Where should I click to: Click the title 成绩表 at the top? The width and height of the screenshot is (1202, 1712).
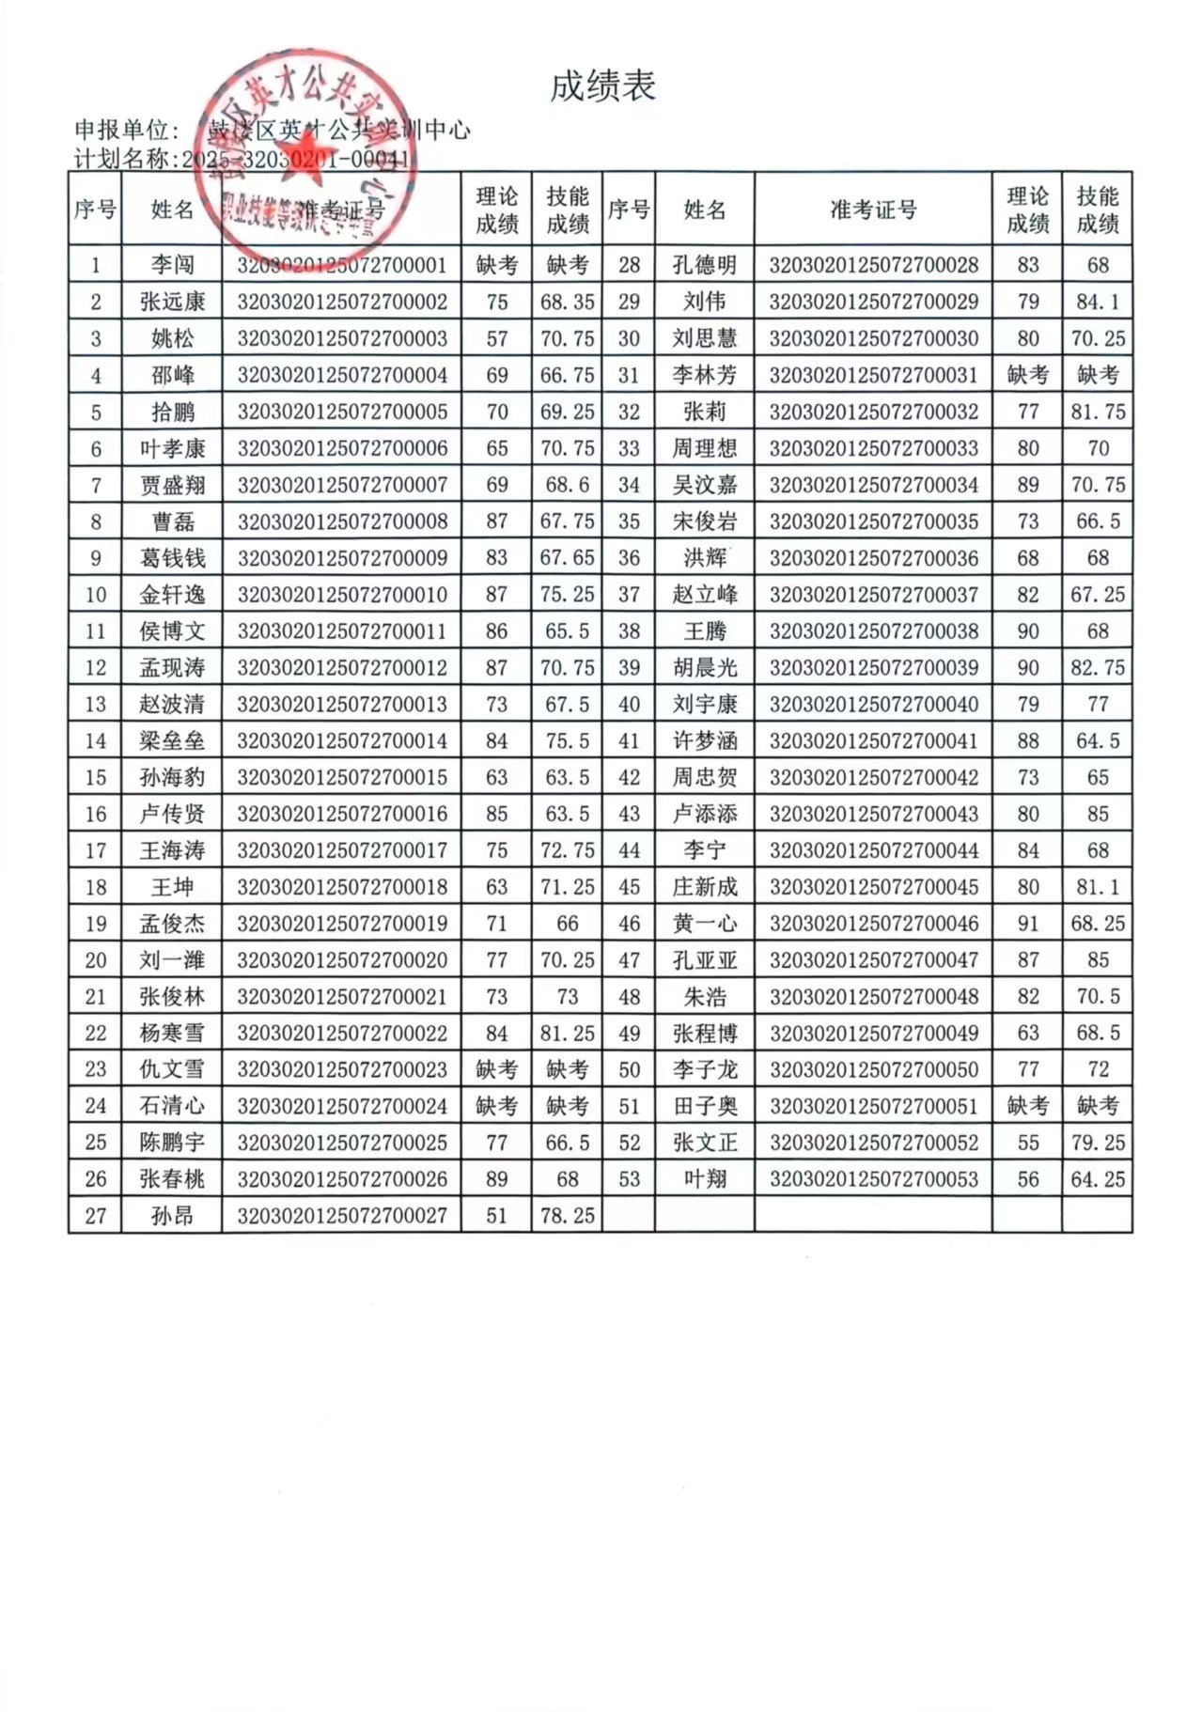601,86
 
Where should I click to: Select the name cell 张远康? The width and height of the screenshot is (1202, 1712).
172,302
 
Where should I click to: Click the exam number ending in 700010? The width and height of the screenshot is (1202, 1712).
342,595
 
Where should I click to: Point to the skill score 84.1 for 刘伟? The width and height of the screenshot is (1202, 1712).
1097,302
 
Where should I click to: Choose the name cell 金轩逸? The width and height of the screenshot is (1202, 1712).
172,595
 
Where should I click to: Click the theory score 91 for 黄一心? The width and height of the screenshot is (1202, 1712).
1027,924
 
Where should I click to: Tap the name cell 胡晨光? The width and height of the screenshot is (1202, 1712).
705,668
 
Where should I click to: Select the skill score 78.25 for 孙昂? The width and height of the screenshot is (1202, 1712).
567,1216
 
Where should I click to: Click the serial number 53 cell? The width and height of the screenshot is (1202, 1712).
629,1179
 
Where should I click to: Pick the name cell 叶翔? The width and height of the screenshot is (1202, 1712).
705,1179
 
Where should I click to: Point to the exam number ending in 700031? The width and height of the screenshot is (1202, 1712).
873,375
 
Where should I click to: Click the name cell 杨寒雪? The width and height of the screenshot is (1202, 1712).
172,1034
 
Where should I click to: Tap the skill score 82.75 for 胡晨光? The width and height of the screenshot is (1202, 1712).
1097,668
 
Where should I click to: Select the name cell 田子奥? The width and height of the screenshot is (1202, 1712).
705,1107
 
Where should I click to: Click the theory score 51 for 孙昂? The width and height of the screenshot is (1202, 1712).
496,1216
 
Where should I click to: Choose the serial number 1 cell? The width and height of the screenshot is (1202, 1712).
95,265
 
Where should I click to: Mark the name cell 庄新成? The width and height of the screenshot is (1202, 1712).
705,887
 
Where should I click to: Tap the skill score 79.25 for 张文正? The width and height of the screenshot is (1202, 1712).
1097,1143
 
